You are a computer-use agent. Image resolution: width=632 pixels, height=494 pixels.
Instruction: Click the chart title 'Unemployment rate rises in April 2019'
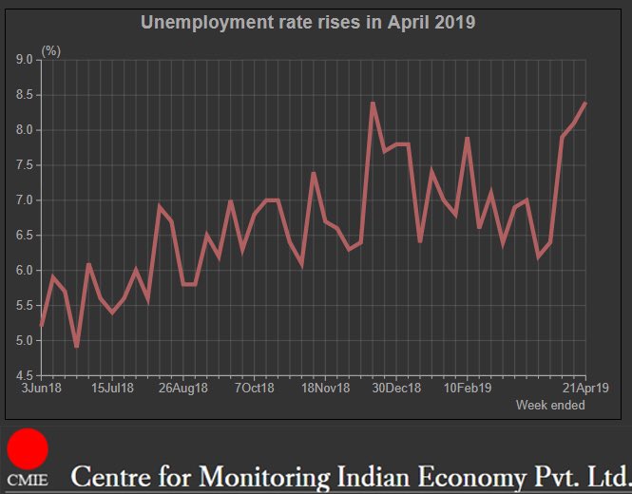click(x=308, y=23)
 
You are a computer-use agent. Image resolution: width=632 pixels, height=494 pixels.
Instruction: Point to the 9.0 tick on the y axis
click(x=24, y=60)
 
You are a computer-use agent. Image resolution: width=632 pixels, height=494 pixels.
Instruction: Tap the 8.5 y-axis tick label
click(x=24, y=95)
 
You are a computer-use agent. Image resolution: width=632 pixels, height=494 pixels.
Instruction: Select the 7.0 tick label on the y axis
click(x=24, y=200)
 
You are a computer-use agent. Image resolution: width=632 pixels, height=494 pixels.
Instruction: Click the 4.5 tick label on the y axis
click(x=24, y=375)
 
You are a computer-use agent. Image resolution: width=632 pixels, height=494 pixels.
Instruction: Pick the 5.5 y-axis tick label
click(x=24, y=306)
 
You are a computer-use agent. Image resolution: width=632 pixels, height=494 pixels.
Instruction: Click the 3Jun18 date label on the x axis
click(x=42, y=388)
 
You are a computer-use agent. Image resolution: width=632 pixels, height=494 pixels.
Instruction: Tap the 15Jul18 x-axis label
click(x=112, y=388)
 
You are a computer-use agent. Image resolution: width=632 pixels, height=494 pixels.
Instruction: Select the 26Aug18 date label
click(x=183, y=388)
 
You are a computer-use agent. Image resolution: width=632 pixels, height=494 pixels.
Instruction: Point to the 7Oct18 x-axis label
click(x=255, y=388)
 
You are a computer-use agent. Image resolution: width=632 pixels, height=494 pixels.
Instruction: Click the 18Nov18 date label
click(x=326, y=388)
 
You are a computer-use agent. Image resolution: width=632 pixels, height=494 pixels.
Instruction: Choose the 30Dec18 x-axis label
click(x=396, y=388)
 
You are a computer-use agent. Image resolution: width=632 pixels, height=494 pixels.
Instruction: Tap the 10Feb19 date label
click(x=468, y=388)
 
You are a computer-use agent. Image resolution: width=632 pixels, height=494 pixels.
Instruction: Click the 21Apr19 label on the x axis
click(x=585, y=388)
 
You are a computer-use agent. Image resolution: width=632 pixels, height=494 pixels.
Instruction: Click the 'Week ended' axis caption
click(x=550, y=405)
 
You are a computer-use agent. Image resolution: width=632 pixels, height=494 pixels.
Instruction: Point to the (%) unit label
click(x=51, y=51)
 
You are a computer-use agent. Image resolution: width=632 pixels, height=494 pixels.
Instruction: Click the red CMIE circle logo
click(x=28, y=448)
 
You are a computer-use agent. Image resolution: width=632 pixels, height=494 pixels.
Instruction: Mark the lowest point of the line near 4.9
click(x=77, y=347)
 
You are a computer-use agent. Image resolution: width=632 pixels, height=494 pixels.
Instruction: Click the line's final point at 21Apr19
click(x=585, y=103)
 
